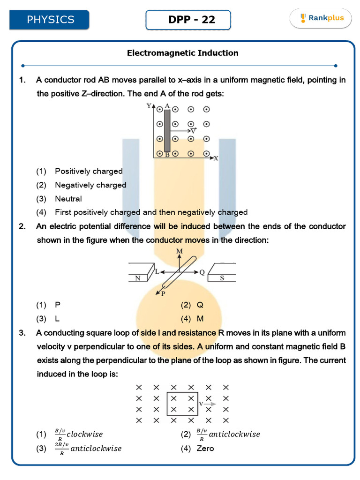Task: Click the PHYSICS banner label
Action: coord(51,20)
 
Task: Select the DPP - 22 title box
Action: coord(188,20)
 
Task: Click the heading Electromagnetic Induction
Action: coord(183,53)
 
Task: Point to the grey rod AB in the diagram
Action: coord(167,131)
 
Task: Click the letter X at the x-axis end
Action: coord(216,158)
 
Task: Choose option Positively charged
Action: coord(89,171)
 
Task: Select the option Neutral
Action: coord(68,199)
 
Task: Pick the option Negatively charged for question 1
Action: coord(90,185)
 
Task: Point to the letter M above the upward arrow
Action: coord(179,252)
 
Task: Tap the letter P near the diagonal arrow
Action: coord(163,294)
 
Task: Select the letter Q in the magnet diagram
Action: coord(202,272)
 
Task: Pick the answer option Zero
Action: coord(205,449)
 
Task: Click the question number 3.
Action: coord(22,333)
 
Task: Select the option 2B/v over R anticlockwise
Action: coord(88,449)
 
